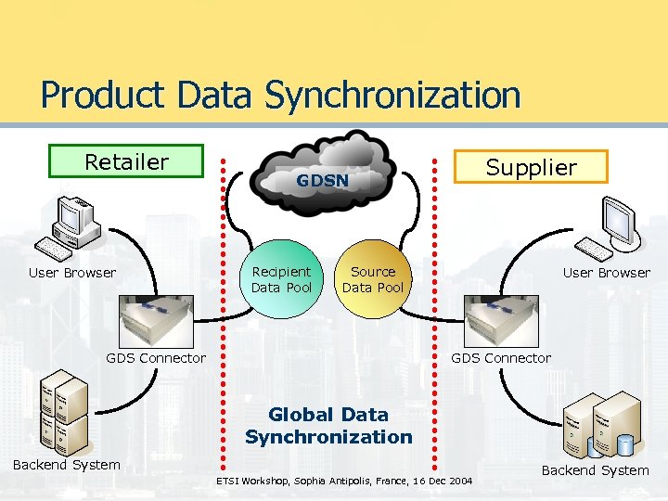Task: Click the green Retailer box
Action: point(126,161)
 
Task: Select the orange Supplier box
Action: point(532,167)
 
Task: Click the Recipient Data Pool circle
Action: point(282,279)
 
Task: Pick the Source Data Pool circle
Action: point(373,279)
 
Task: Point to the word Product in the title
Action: point(103,95)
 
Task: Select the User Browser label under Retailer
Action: point(72,273)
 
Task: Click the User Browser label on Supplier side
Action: point(607,273)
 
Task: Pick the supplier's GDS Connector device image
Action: point(500,321)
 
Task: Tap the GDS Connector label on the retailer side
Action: point(156,358)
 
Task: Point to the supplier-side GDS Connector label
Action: point(501,358)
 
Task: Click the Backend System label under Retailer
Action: point(66,465)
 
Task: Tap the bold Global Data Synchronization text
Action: point(328,425)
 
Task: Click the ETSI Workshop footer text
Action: point(344,482)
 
